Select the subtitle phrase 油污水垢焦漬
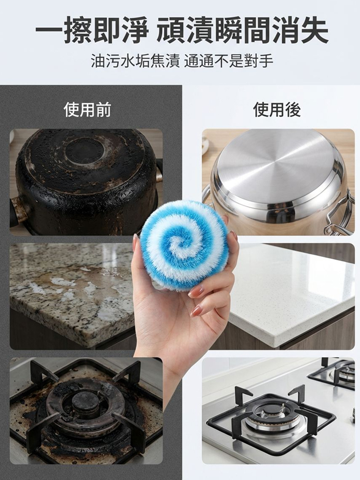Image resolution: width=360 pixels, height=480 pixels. pyautogui.click(x=136, y=61)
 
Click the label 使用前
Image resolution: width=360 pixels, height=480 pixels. pyautogui.click(x=87, y=110)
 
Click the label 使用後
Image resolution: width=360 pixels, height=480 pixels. pyautogui.click(x=277, y=110)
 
